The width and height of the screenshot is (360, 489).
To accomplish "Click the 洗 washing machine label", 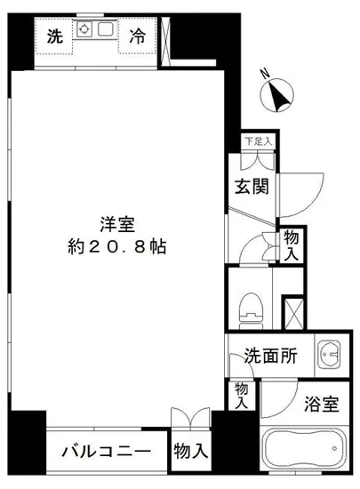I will (x=55, y=37).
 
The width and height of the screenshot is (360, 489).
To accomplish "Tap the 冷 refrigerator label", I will (x=137, y=37).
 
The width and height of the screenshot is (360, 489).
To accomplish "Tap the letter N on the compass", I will (x=263, y=76).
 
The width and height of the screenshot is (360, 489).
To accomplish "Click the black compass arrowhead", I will (x=279, y=93).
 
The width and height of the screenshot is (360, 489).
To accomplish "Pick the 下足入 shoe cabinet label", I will (x=259, y=141).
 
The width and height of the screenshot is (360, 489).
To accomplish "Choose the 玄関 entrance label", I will (x=252, y=187).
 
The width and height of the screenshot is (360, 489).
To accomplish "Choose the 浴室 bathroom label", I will (x=322, y=405).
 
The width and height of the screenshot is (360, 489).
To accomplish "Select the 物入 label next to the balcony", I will (x=190, y=452).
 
